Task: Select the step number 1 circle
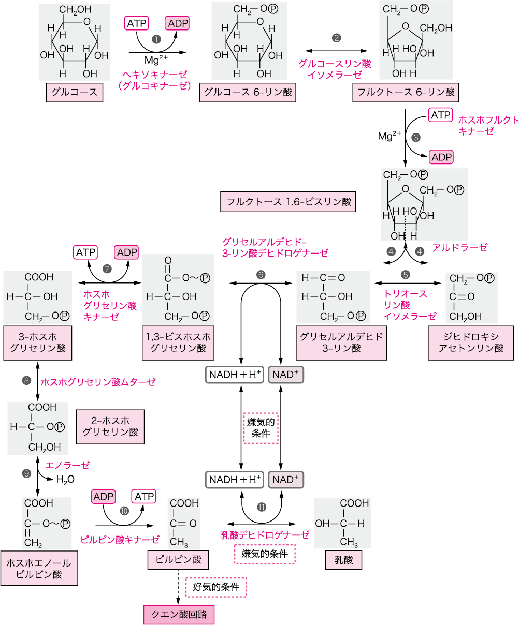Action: (155, 39)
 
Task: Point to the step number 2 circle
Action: (337, 38)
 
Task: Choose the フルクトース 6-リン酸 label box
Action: (405, 93)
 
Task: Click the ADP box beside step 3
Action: (441, 157)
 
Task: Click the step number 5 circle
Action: (406, 274)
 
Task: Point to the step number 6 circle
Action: (261, 274)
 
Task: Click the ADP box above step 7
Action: (127, 252)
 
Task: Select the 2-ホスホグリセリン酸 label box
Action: (110, 427)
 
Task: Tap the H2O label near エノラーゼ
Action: (65, 479)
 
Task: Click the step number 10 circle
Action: (124, 510)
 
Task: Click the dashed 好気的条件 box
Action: (216, 587)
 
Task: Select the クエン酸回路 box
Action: (179, 614)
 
